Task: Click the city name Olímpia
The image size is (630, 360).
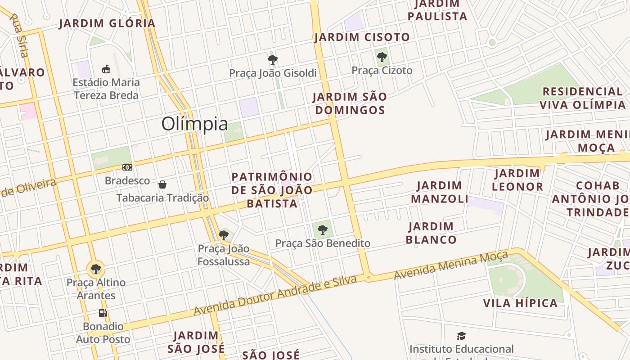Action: point(194,124)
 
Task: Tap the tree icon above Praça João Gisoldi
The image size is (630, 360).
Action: point(272,59)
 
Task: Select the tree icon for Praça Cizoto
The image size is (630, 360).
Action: point(382,57)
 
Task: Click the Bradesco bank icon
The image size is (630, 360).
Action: point(127,167)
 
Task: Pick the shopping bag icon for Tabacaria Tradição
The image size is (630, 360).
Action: point(162,184)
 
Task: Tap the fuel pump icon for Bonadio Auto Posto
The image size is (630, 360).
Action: point(103,313)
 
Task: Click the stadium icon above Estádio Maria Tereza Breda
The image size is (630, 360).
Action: point(106,69)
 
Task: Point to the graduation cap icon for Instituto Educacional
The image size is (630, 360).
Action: point(461,336)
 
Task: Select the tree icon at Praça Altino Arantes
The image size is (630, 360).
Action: point(95,269)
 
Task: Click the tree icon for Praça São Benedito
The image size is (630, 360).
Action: point(322,230)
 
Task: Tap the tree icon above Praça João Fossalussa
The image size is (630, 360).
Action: point(224,235)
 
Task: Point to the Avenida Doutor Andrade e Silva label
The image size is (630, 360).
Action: point(275,296)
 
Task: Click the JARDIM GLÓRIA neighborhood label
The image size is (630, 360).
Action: point(107,23)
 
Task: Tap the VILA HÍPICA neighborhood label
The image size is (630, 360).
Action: point(520,303)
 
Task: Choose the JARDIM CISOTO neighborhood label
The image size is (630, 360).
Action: point(362,37)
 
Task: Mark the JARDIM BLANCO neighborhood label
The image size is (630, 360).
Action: point(431,233)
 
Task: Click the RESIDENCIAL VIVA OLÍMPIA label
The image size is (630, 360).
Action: point(582,98)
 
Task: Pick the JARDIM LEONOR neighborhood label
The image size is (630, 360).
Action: point(517,180)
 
